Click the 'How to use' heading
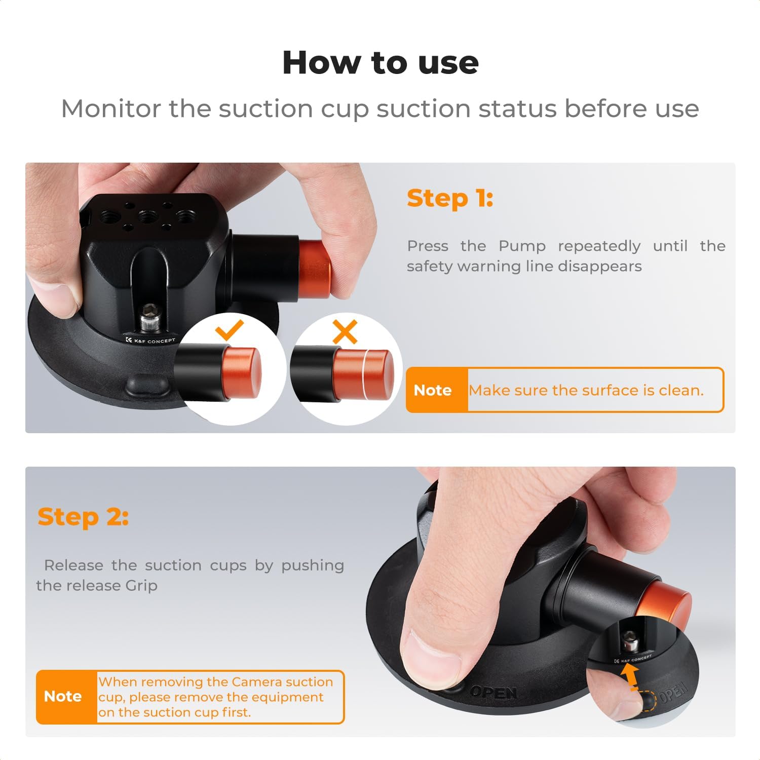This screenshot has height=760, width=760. tap(380, 63)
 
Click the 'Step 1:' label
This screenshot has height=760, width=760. tap(449, 198)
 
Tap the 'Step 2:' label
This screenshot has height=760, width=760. tap(83, 517)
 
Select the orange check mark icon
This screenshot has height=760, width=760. tap(230, 330)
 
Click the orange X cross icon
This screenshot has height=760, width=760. tap(345, 332)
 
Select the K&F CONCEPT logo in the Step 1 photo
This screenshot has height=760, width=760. tap(150, 340)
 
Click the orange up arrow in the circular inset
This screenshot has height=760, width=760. tap(630, 675)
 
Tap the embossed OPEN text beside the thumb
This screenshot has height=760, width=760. tap(493, 692)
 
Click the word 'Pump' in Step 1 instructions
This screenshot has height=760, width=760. tap(522, 246)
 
